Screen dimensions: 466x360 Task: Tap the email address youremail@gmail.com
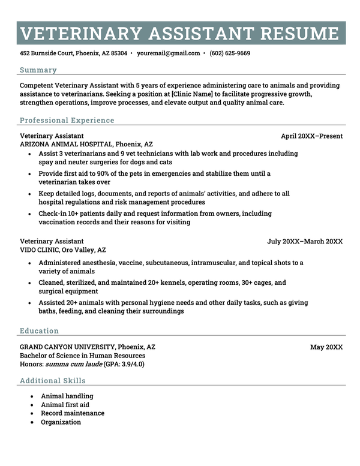click(x=168, y=53)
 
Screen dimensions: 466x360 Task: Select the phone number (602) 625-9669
click(x=230, y=53)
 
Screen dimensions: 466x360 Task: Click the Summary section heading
click(x=38, y=70)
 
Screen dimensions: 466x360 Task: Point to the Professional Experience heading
click(x=67, y=121)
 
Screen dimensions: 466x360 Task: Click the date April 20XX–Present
click(x=311, y=136)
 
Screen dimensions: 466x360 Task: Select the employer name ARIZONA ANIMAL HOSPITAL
click(x=65, y=145)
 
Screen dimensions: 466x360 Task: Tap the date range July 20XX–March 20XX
click(x=305, y=242)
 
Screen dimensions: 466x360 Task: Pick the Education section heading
click(x=39, y=331)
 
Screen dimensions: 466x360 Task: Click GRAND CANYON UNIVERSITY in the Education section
click(x=67, y=347)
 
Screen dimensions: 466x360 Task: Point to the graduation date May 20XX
click(x=326, y=347)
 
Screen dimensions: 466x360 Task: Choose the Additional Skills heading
click(x=53, y=381)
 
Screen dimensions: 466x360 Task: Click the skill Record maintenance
click(x=72, y=413)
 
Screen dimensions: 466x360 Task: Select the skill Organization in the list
click(x=61, y=422)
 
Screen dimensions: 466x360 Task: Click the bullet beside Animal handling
click(x=31, y=396)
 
